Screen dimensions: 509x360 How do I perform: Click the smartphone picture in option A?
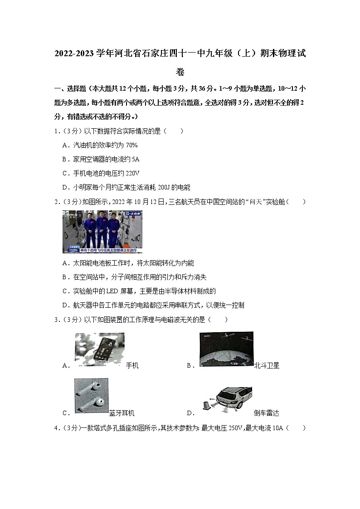point(99,349)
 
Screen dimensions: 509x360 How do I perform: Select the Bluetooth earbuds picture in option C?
point(91,395)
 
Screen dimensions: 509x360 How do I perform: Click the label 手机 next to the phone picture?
point(132,365)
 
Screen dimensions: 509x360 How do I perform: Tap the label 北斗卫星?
point(267,365)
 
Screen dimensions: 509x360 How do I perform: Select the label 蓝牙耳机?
point(122,413)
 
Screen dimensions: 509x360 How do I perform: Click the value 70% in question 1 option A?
point(130,145)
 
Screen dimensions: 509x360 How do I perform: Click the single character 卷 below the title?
point(180,72)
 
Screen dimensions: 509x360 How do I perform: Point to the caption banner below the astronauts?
point(102,250)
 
